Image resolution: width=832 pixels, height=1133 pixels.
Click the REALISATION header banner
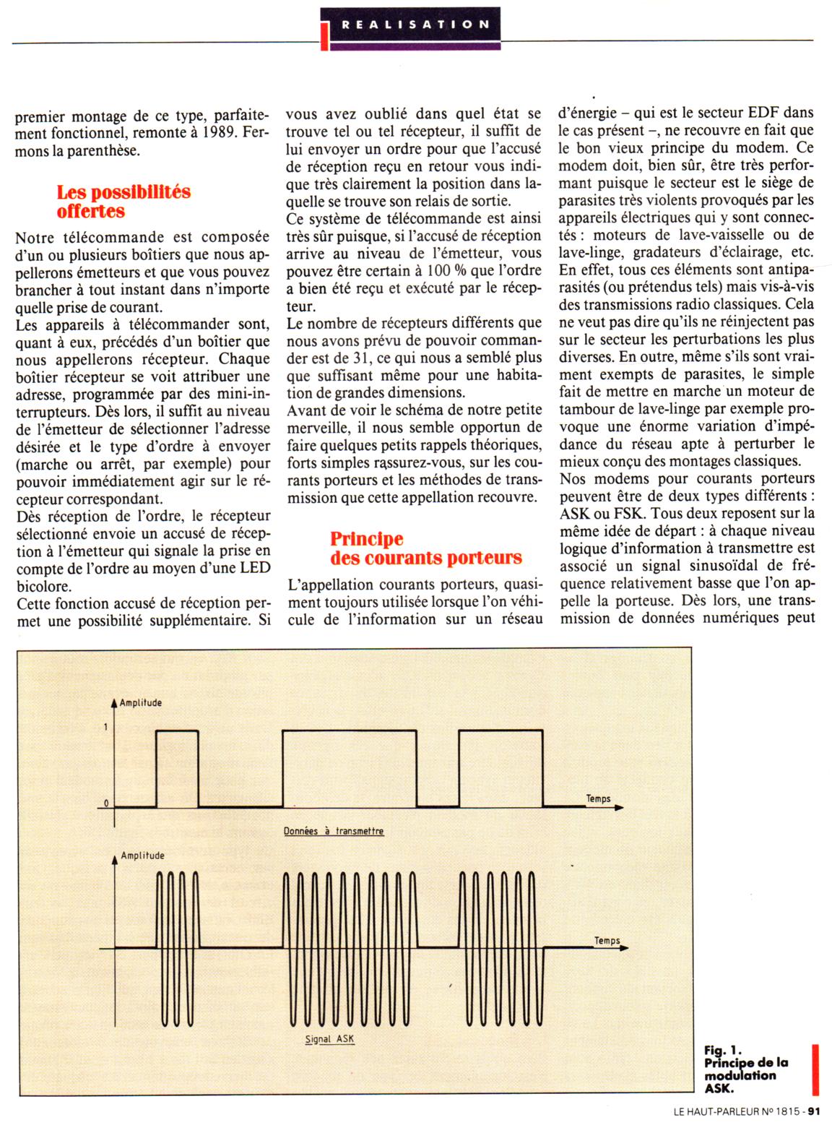pos(415,25)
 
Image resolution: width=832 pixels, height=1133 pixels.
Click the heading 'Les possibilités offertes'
pos(123,202)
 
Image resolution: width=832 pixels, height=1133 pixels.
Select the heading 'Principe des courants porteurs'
pos(425,548)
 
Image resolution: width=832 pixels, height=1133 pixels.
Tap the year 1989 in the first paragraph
pos(218,134)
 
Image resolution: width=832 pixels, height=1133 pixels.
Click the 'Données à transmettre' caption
pos(334,832)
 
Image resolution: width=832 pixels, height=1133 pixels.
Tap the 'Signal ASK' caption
pos(329,1039)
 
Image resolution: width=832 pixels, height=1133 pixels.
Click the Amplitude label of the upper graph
pos(140,703)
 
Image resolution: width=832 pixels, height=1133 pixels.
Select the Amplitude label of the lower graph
pos(142,856)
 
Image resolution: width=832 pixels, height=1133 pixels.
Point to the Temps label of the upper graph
pos(598,798)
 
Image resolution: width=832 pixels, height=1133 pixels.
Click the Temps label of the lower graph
pos(607,940)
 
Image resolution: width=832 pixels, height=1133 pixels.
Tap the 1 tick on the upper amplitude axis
pos(106,727)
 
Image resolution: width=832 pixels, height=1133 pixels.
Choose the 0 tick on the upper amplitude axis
pos(106,803)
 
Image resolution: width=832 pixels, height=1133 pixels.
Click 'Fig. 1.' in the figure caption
pos(723,1051)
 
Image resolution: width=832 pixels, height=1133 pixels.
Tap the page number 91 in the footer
pos(815,1112)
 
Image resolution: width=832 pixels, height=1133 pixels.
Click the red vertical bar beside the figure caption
pos(815,1069)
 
